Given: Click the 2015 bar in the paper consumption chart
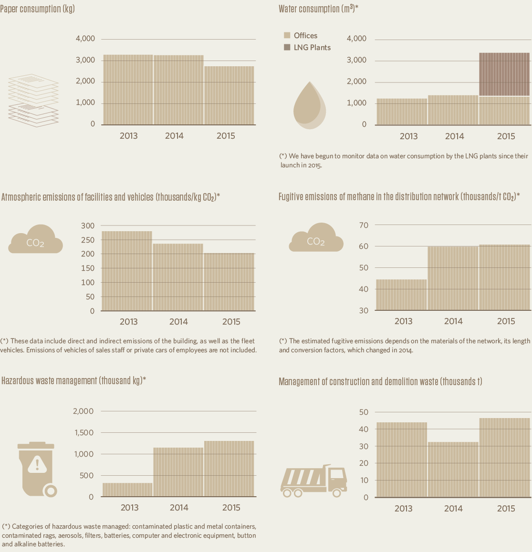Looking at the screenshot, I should point(229,95).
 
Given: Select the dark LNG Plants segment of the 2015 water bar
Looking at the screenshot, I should point(504,74).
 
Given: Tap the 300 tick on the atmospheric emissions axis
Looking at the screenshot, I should point(88,225).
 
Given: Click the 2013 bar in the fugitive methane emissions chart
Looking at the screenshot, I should point(401,295).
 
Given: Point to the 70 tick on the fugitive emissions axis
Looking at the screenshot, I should point(364,225).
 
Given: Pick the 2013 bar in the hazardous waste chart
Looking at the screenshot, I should point(127,490).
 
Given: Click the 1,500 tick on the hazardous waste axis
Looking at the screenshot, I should point(83,433).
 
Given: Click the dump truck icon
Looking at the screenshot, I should point(313,481).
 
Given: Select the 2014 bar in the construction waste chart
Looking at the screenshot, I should point(453,470).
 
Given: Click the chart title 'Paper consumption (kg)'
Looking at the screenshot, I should point(37,9).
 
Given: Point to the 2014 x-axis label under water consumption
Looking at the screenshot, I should point(454,136).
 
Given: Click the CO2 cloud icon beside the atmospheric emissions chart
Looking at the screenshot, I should point(35,240).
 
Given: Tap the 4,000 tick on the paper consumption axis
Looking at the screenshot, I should point(85,39).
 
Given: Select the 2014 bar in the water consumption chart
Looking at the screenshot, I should point(453,110).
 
